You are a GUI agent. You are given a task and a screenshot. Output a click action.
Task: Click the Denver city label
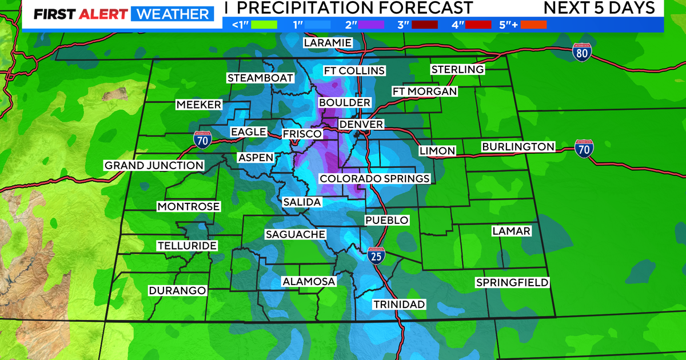(x=361, y=125)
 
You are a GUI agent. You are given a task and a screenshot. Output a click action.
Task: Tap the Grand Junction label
(x=154, y=165)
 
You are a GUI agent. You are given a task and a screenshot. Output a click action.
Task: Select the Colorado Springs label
(x=374, y=178)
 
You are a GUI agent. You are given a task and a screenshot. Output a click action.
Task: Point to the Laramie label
(x=328, y=43)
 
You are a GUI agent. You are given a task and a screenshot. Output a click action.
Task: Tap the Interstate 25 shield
(x=376, y=255)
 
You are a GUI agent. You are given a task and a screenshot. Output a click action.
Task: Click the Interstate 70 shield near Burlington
(x=584, y=148)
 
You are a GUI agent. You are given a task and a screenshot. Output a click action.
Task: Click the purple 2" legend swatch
(x=372, y=24)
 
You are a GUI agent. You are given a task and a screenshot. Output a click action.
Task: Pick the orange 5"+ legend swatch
(x=534, y=24)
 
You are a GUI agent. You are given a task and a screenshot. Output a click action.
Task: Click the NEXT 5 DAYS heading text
(x=599, y=8)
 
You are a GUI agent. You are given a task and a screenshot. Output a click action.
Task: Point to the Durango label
(x=177, y=290)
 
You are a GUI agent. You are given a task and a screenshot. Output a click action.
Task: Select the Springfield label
(x=512, y=282)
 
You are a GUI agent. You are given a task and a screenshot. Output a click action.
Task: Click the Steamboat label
(x=260, y=78)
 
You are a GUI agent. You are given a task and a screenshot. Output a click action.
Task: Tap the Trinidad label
(x=399, y=304)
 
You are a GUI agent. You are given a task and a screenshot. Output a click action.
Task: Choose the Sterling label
(x=457, y=69)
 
